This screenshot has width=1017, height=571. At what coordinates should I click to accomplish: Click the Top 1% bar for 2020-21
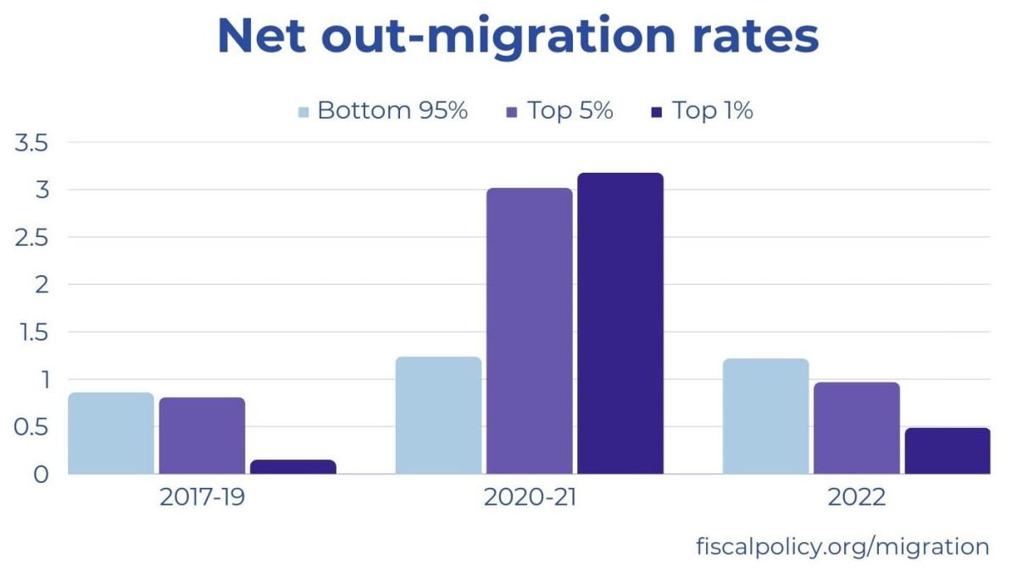point(620,324)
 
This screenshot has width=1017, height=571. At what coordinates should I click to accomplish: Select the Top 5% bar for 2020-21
point(529,331)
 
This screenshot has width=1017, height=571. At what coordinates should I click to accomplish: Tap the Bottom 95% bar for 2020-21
point(438,415)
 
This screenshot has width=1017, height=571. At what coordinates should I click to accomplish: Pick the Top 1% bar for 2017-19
point(292,467)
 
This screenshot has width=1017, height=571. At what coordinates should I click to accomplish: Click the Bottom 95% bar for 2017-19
point(111,433)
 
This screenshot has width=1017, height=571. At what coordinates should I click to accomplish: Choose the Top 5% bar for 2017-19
point(202,435)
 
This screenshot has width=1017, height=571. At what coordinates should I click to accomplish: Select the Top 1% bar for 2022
point(947,451)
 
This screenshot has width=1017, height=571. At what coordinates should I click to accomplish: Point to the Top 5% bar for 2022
point(856,428)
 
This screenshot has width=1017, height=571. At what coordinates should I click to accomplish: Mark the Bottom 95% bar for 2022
point(765,416)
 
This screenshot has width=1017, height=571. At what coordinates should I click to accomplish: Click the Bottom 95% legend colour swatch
point(304,112)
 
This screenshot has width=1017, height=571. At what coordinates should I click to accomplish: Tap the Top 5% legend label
point(570,111)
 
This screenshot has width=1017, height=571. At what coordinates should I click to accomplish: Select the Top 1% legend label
point(712,111)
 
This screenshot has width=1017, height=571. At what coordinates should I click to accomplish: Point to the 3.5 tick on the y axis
point(30,142)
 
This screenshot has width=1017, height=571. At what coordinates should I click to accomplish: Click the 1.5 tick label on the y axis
point(30,332)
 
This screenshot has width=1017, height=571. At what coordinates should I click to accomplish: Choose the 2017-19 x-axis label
point(202,497)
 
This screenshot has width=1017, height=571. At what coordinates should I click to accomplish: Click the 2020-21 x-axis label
point(529,497)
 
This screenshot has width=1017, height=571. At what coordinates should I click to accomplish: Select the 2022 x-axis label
point(856,497)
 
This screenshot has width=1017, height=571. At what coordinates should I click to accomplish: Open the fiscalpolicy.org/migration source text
point(842,546)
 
